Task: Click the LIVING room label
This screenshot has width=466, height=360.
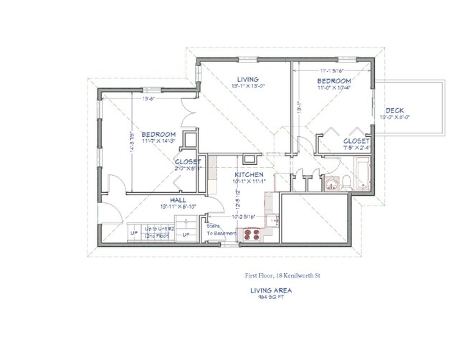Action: [x=247, y=78]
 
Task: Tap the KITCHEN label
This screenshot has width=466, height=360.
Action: [x=249, y=174]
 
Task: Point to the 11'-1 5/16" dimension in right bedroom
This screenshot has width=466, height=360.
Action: [x=336, y=70]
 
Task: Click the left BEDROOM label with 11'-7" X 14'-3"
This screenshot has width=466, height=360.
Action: [x=158, y=134]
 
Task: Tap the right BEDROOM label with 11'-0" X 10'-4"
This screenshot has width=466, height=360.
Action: [x=334, y=82]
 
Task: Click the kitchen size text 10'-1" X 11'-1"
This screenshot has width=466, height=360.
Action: [x=249, y=181]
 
